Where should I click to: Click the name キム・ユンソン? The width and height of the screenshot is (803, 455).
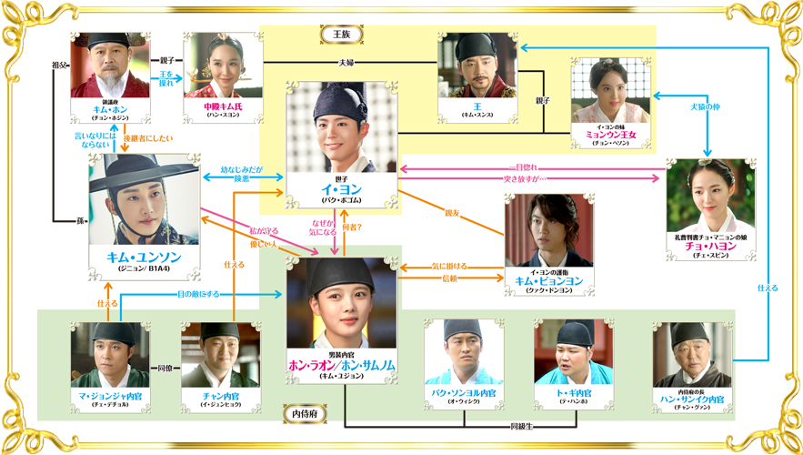pyautogui.click(x=145, y=258)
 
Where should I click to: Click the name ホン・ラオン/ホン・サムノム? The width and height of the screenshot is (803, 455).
pyautogui.click(x=343, y=363)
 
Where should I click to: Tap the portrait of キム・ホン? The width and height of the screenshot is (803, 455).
pyautogui.click(x=110, y=67)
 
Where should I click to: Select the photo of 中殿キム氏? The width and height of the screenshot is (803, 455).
pyautogui.click(x=222, y=67)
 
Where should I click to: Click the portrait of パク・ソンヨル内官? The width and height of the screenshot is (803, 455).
pyautogui.click(x=463, y=351)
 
